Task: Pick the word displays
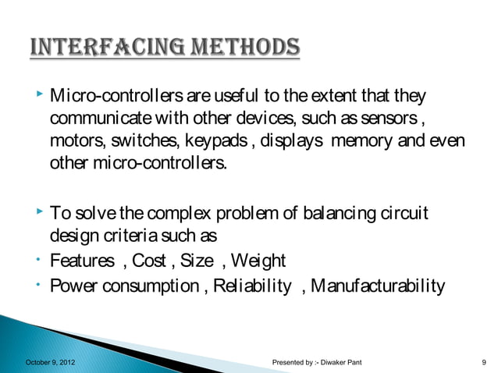[x=292, y=144]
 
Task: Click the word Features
[x=80, y=261]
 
